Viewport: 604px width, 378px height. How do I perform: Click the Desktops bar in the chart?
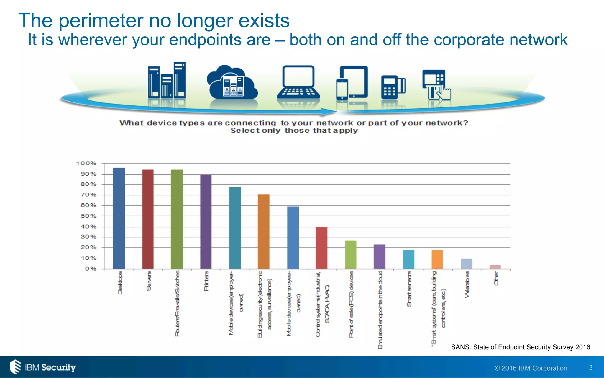click(x=119, y=218)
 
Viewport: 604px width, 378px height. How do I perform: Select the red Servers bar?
click(x=148, y=219)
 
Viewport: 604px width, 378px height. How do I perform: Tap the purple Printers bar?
click(x=206, y=221)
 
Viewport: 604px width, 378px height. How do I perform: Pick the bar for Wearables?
click(x=467, y=264)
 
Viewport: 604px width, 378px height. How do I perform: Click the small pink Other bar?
click(x=495, y=267)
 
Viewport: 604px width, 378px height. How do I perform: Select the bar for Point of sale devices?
click(x=351, y=255)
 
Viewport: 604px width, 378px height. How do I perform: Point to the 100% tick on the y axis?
click(x=86, y=163)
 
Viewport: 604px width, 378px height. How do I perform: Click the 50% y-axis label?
click(x=88, y=216)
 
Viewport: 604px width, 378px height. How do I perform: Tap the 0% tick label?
click(x=91, y=268)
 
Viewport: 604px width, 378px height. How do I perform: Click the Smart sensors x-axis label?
click(x=409, y=289)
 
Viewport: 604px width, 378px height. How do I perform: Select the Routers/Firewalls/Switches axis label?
click(x=177, y=303)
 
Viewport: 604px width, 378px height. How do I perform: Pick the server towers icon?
click(x=167, y=80)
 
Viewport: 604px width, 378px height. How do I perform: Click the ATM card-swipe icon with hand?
click(x=436, y=85)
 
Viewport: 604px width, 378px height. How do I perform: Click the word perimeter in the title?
click(x=101, y=21)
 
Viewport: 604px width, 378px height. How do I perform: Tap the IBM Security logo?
click(x=43, y=367)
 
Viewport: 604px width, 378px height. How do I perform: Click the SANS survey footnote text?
click(x=520, y=347)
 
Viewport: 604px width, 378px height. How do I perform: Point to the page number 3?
click(x=590, y=368)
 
